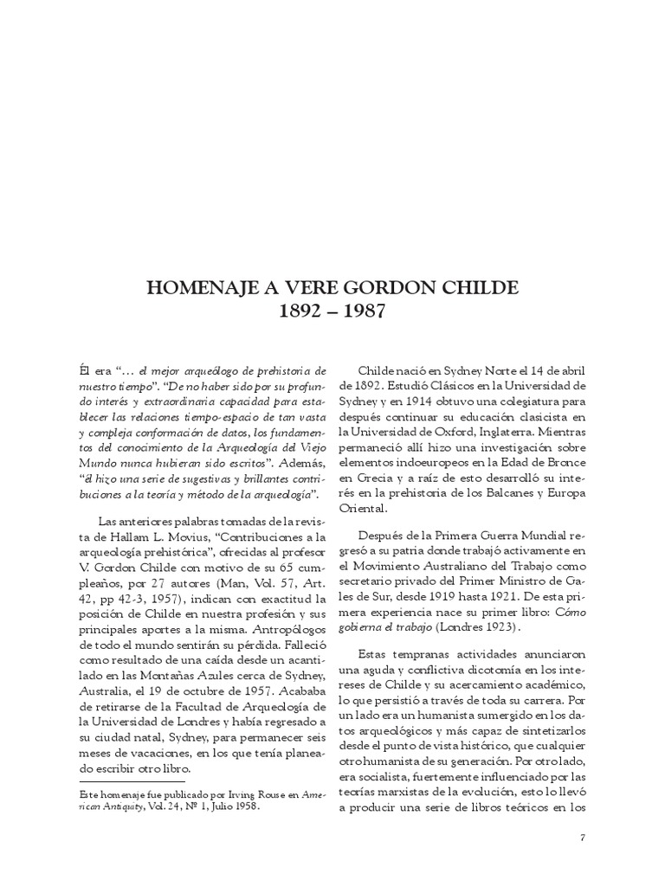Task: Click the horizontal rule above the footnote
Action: pos(126,781)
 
